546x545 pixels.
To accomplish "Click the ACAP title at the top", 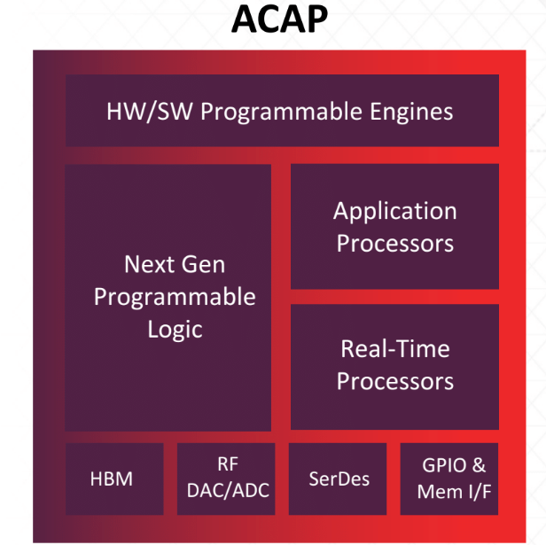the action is click(x=279, y=19).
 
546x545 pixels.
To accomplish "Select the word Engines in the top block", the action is click(x=411, y=113).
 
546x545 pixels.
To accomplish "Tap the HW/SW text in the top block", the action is click(x=150, y=112).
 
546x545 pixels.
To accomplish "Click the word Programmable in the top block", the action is click(x=281, y=113).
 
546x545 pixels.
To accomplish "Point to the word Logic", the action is click(x=175, y=330).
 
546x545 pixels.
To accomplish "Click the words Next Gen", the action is click(x=175, y=264).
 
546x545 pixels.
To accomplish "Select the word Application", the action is click(x=395, y=212).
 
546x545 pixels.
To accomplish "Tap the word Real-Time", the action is click(x=395, y=348).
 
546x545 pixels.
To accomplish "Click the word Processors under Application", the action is click(x=395, y=243).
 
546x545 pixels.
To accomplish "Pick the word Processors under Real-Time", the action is click(x=395, y=381).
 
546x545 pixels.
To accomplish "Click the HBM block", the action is click(x=114, y=479).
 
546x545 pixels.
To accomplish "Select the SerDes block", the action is click(x=338, y=479).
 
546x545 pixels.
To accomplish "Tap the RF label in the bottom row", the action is click(x=228, y=464).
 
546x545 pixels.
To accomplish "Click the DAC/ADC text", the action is click(x=228, y=490).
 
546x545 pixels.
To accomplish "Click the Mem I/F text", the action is click(x=454, y=492).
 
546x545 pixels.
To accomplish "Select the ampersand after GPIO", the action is click(x=479, y=465).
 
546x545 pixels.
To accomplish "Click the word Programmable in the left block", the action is click(x=175, y=298).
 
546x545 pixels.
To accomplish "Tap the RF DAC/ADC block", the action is click(x=226, y=479).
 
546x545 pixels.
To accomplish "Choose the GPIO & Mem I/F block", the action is click(x=449, y=479).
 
